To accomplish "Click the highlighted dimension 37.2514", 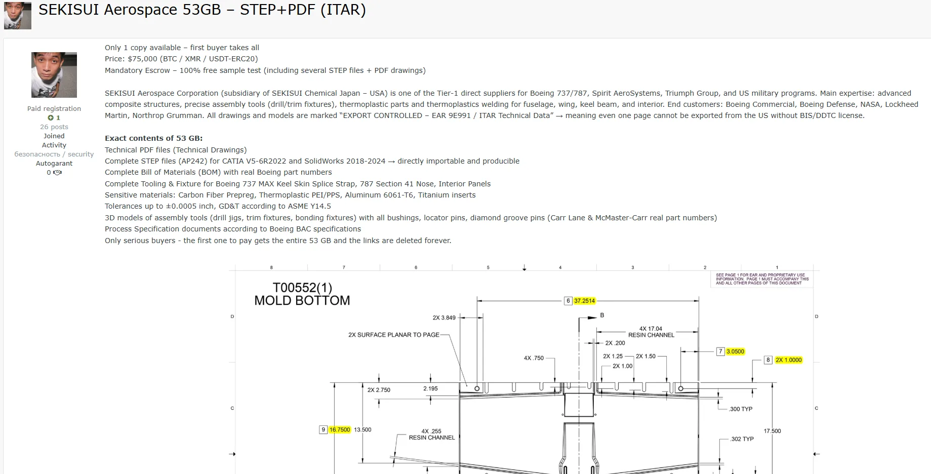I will (x=584, y=301).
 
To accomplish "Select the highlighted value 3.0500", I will (x=735, y=351).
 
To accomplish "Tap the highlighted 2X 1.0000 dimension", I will (x=788, y=360).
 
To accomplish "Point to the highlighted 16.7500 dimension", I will (x=339, y=430).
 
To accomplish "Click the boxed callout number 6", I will (x=568, y=301).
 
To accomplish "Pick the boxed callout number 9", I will (x=323, y=430).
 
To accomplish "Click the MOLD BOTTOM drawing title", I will (x=302, y=300).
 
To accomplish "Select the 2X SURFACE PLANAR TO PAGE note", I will (x=393, y=335).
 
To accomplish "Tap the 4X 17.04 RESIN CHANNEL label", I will (x=651, y=332).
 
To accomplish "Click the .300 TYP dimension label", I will (x=741, y=409).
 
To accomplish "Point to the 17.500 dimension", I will (x=772, y=431).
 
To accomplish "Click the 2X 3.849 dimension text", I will (x=443, y=318).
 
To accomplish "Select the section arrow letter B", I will (x=602, y=315).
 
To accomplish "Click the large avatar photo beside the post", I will (x=54, y=75).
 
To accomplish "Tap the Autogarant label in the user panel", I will (x=54, y=164).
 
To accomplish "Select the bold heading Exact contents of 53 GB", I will (x=153, y=138).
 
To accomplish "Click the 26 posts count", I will (x=54, y=127).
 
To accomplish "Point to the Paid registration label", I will (x=54, y=109).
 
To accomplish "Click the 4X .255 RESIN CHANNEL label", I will (x=431, y=434).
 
